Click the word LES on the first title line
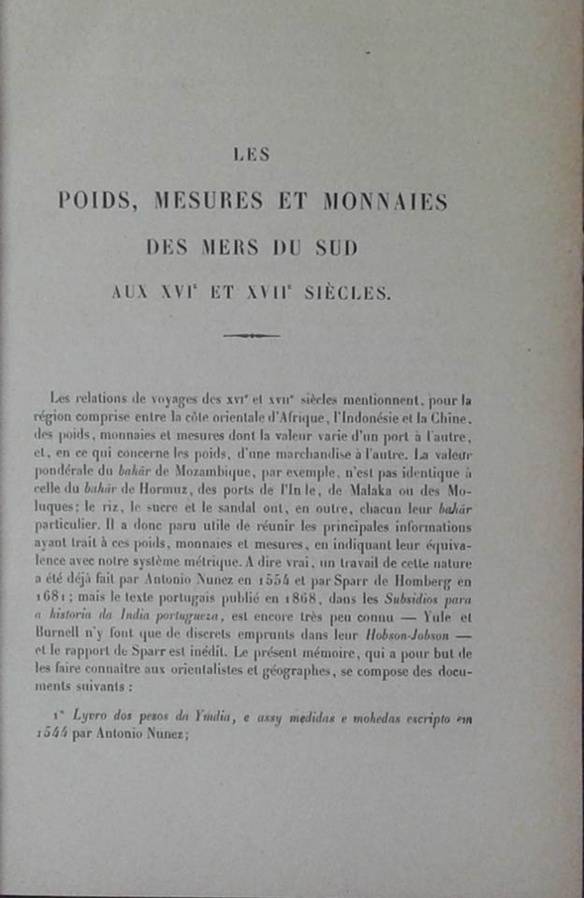(251, 156)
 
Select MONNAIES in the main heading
(385, 201)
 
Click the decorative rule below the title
(251, 335)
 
